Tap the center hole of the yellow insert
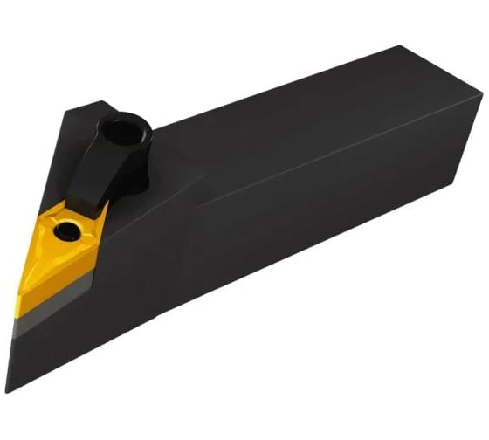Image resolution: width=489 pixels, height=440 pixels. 65,231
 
